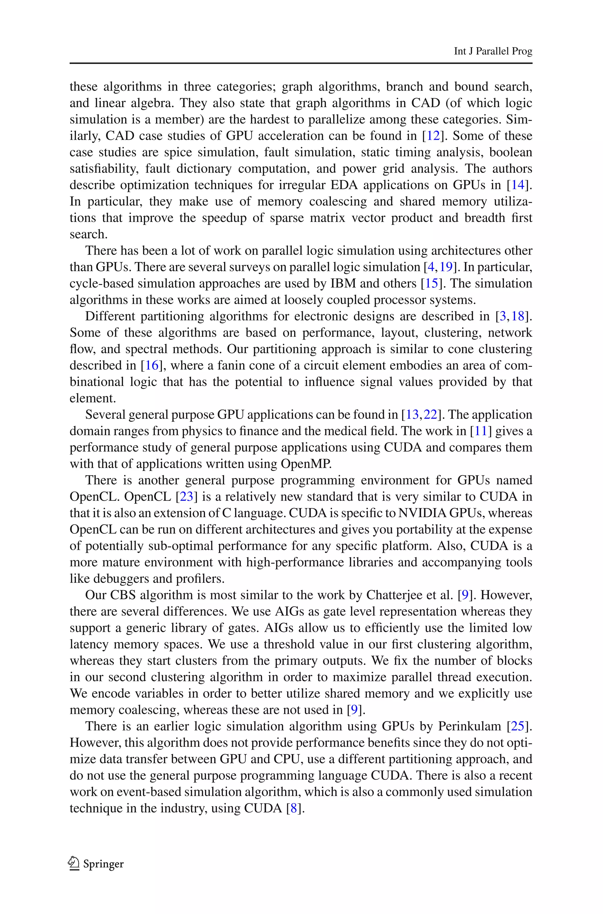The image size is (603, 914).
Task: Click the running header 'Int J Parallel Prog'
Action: coord(493,51)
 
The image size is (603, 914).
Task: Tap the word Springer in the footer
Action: coord(103,864)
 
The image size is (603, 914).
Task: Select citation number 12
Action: coord(433,136)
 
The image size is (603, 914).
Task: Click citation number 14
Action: coord(518,185)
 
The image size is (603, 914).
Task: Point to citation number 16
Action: coord(152,365)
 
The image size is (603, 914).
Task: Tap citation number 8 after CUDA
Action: coord(294,808)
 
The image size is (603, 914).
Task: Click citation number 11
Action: coord(481,431)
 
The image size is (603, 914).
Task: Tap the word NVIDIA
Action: coord(422,513)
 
